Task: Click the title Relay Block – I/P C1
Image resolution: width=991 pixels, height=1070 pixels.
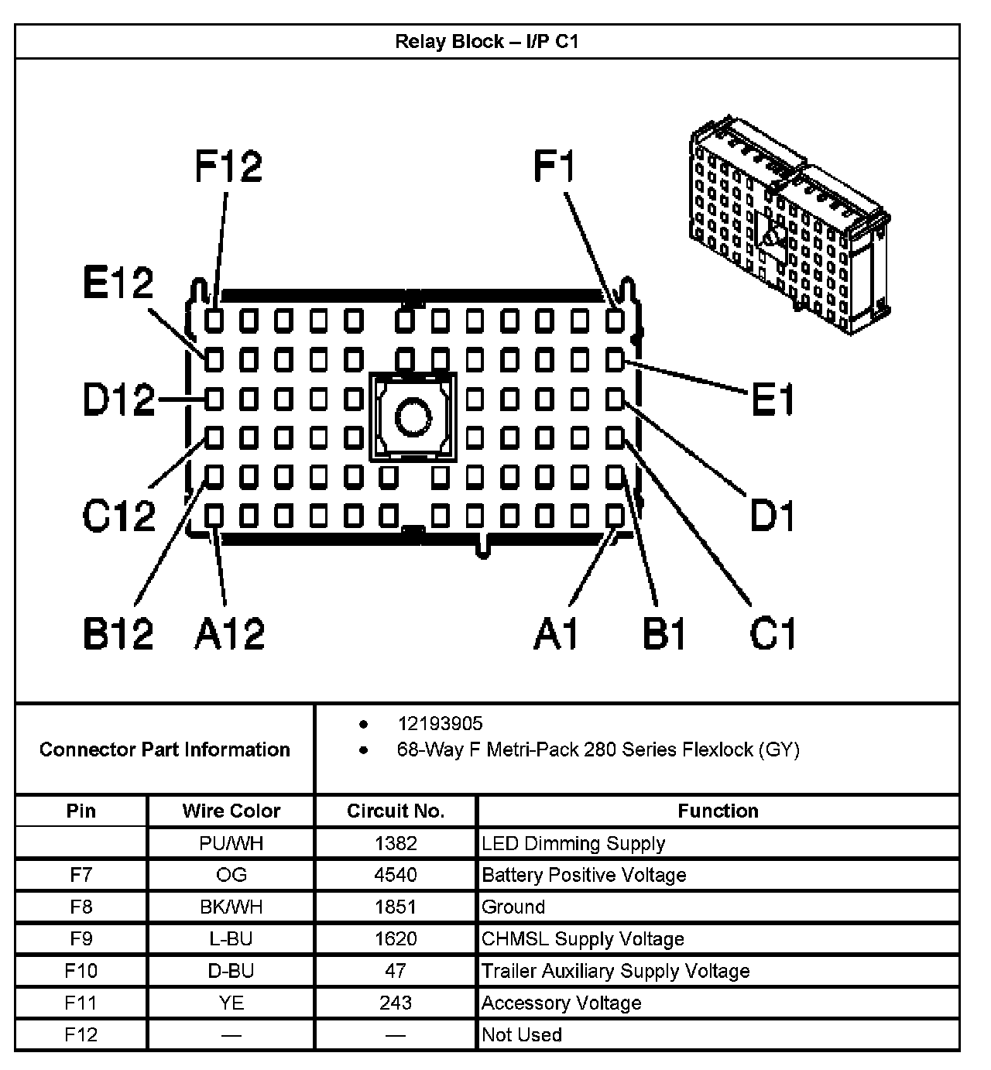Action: [x=486, y=41]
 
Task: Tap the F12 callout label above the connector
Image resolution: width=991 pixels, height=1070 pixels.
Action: [x=228, y=166]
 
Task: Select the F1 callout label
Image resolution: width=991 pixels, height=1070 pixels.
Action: [x=555, y=166]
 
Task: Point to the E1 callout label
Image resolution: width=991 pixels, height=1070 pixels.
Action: [x=773, y=401]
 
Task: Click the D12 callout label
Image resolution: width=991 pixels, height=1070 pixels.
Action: [x=118, y=400]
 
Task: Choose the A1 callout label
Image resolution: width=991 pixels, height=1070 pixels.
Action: [x=556, y=633]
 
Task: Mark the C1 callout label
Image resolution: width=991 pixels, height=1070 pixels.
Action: [x=773, y=633]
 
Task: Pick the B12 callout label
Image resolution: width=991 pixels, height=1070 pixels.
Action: [x=118, y=633]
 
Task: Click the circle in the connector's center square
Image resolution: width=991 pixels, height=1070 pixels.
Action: [x=413, y=417]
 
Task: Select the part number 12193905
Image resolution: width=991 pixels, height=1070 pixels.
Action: [x=440, y=724]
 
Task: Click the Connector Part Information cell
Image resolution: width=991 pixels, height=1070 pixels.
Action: [x=164, y=749]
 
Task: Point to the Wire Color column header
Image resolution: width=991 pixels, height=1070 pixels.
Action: [x=231, y=811]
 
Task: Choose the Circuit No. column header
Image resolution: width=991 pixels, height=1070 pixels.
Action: [x=395, y=811]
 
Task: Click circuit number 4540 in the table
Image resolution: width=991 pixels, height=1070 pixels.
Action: [x=395, y=875]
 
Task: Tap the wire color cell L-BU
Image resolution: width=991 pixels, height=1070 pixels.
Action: [x=231, y=938]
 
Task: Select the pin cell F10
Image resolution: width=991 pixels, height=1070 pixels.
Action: [x=81, y=970]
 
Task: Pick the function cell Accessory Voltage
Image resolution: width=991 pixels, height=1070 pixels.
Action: [x=561, y=1003]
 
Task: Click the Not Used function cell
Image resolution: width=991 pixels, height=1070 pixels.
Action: [x=521, y=1034]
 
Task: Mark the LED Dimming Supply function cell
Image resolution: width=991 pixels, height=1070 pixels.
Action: [x=573, y=843]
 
